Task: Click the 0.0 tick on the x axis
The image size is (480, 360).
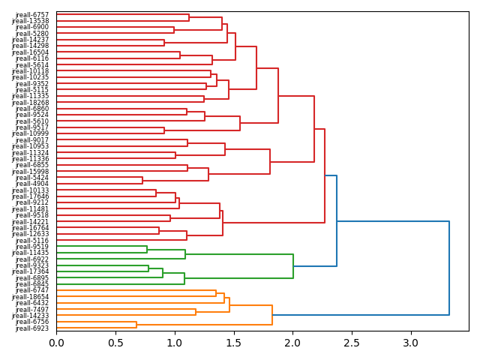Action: tap(57, 343)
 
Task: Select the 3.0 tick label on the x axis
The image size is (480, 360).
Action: tap(410, 343)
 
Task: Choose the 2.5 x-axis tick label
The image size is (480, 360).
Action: tap(351, 343)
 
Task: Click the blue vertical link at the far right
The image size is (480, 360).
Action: tap(449, 268)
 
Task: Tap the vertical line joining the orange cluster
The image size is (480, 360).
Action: tap(272, 315)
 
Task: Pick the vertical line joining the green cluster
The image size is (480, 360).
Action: tap(293, 265)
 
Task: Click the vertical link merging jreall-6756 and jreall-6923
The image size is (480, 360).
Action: tap(136, 325)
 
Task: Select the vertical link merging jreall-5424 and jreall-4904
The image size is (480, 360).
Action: tap(142, 180)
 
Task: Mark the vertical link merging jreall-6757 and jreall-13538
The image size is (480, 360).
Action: tap(189, 17)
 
